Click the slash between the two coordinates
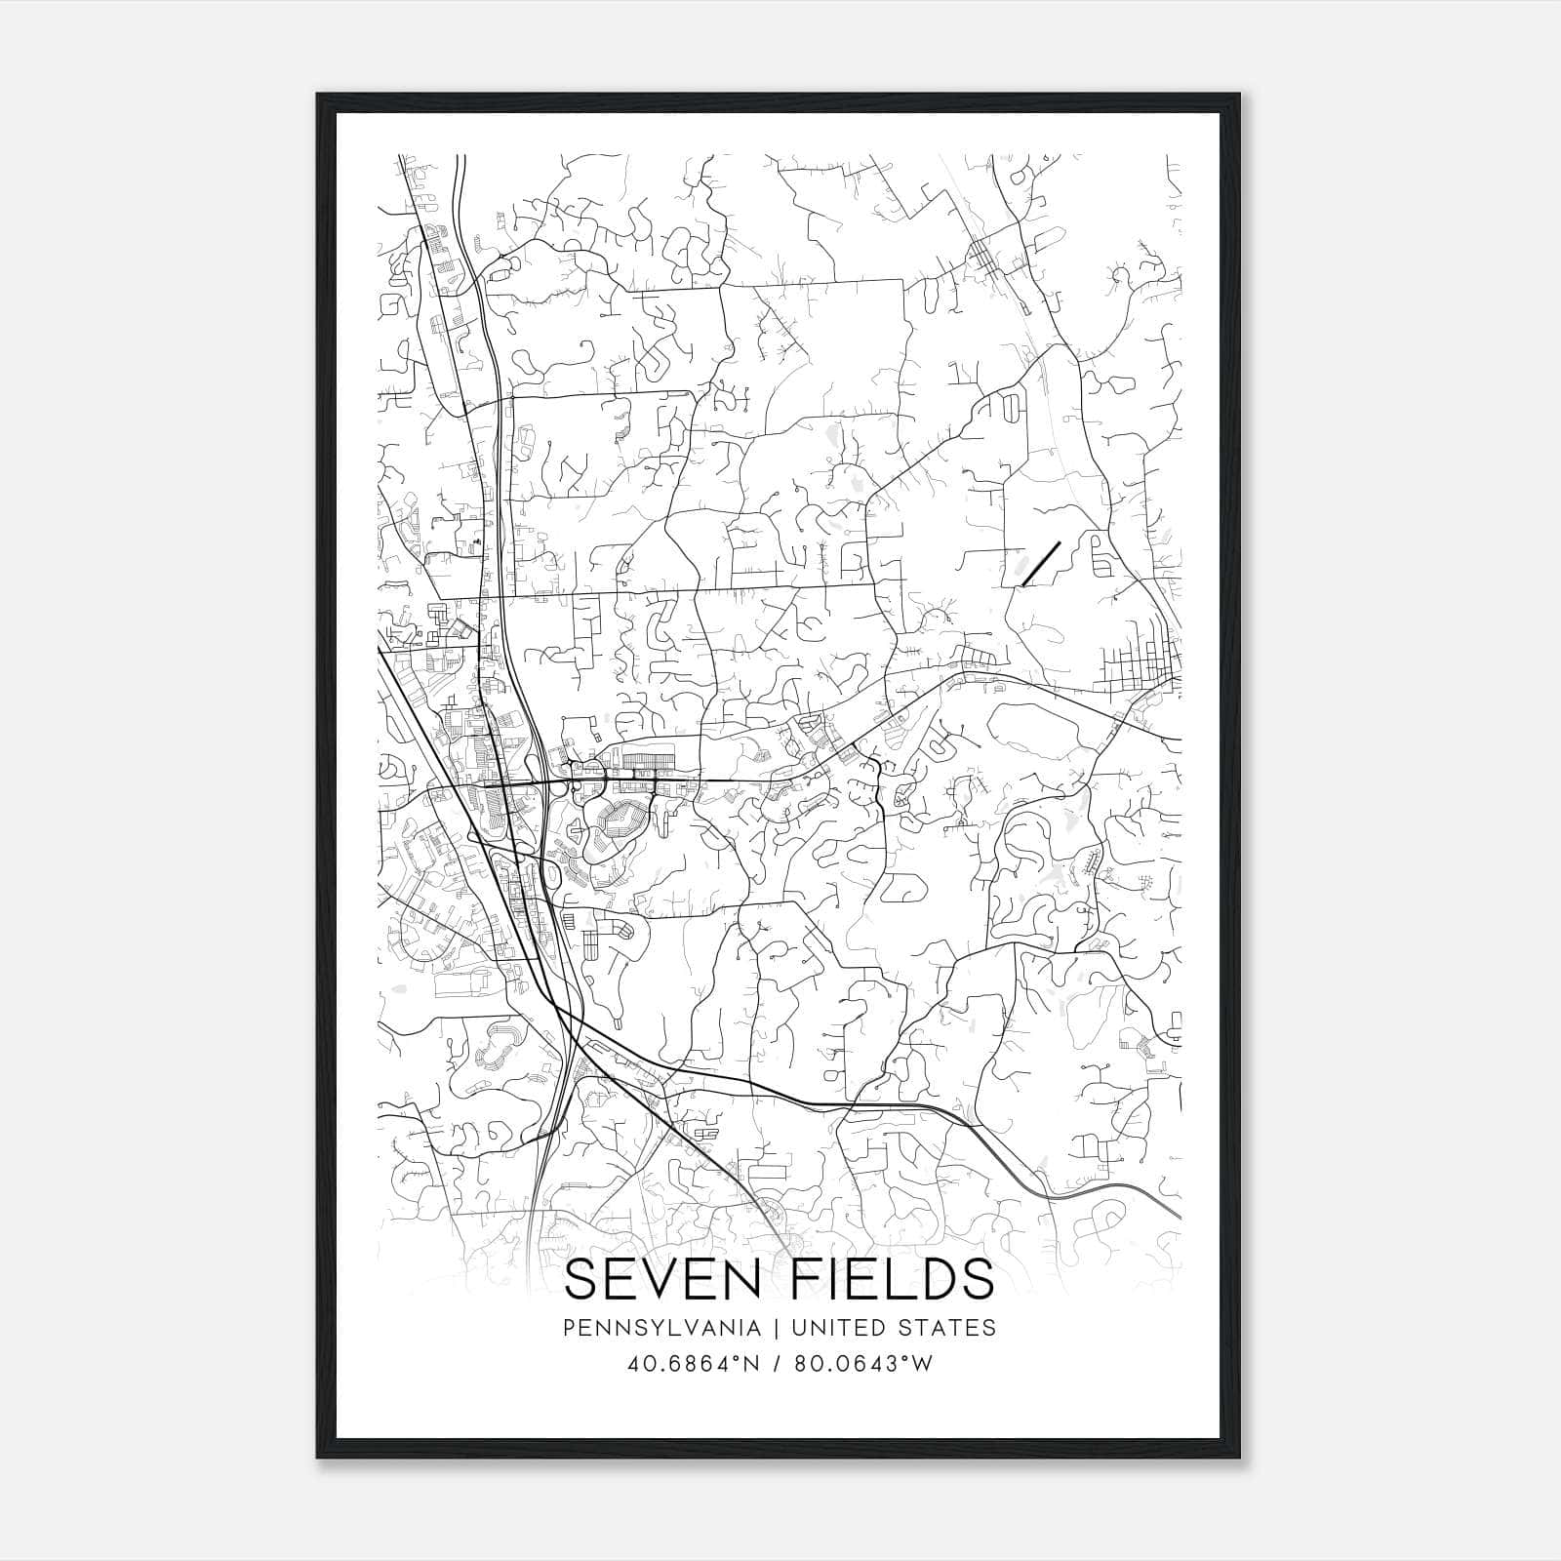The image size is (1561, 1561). click(778, 1364)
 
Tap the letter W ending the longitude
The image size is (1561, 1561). click(922, 1364)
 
